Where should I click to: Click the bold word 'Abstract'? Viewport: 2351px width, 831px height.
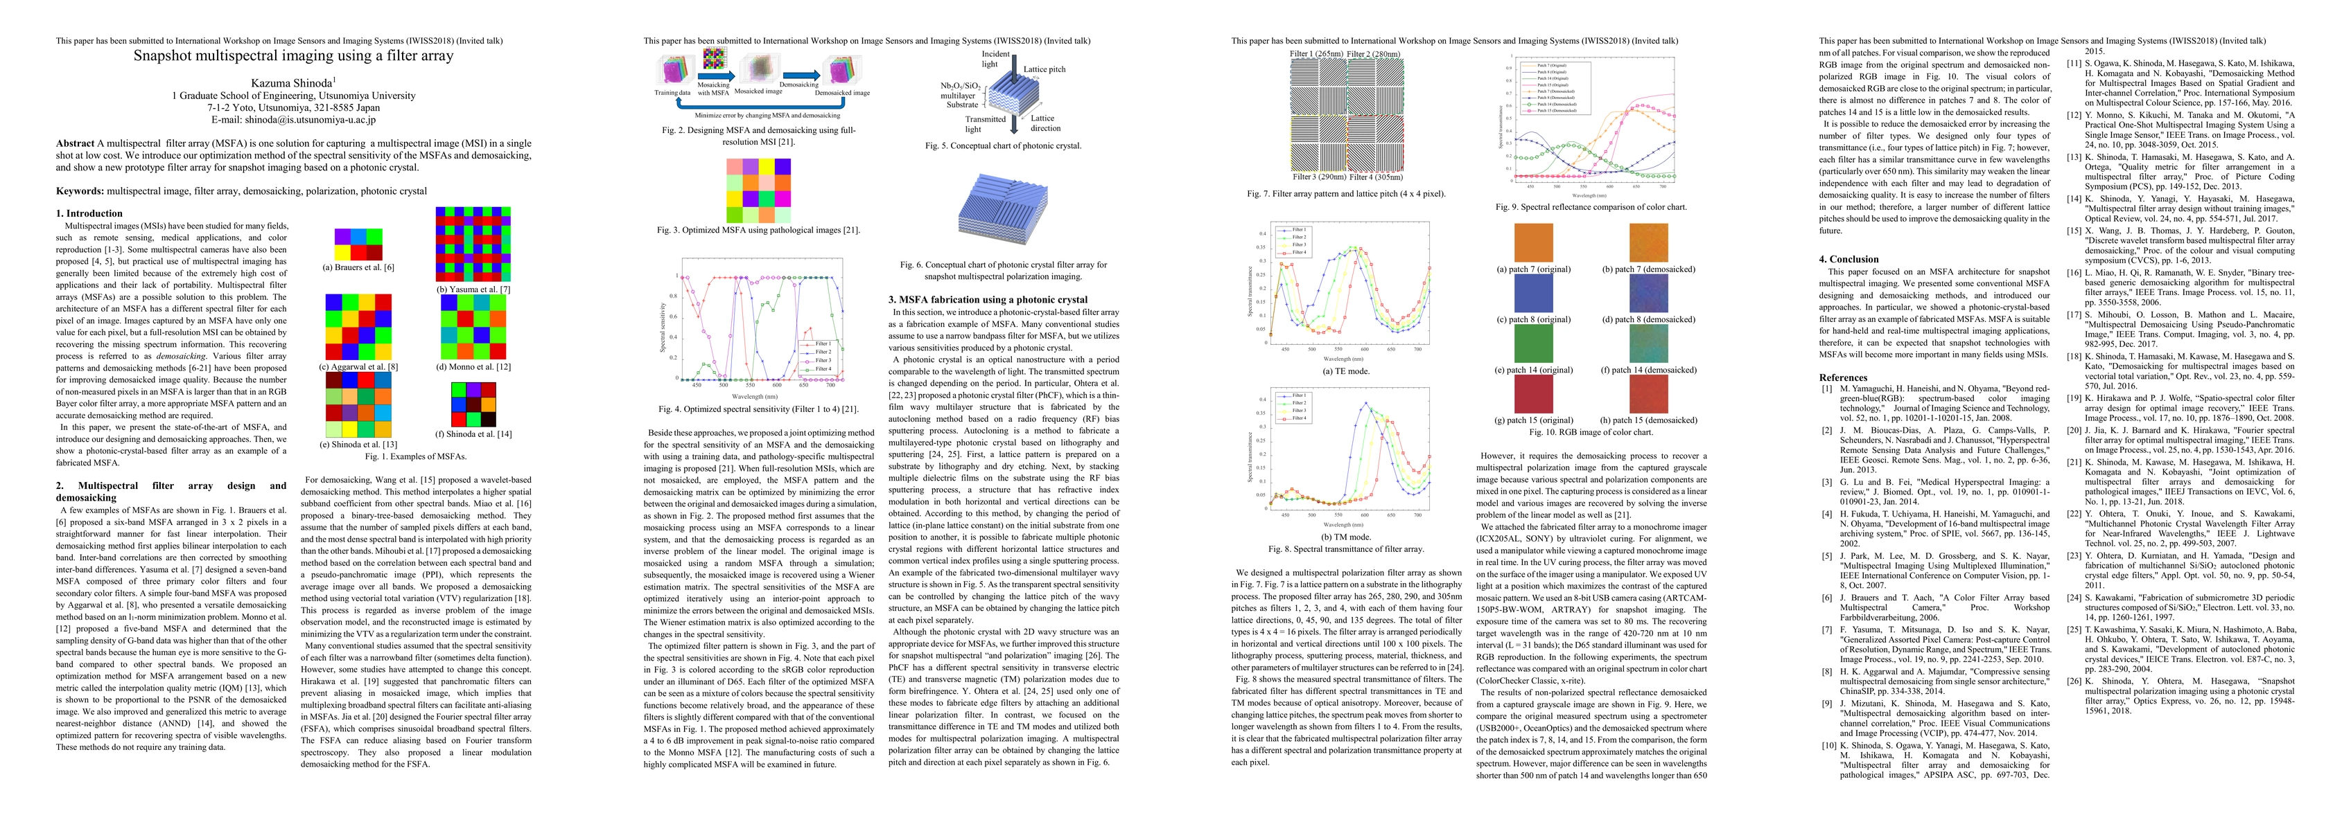coord(75,143)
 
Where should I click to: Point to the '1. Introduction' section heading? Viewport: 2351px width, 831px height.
coord(89,213)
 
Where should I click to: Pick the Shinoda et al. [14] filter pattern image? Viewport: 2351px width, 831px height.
coord(473,404)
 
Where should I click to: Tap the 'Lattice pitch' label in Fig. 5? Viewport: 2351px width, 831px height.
coord(1044,69)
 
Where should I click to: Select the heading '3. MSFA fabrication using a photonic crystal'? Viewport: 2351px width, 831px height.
coord(988,299)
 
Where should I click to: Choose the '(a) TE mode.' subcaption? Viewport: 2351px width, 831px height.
coord(1345,371)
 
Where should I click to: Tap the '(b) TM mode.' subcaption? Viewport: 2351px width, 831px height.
coord(1345,537)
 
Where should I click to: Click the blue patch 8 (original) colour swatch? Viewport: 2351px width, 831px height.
coord(1533,293)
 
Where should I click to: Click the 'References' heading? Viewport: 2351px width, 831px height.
coord(1843,377)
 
